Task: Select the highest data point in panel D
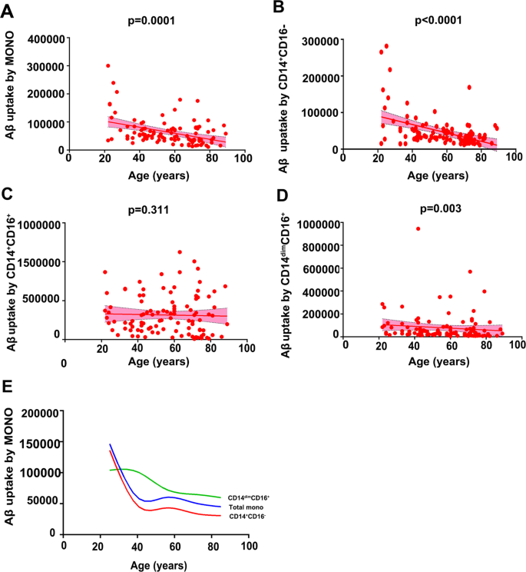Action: (418, 228)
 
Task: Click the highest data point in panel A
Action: (108, 66)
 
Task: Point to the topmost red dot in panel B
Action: (386, 46)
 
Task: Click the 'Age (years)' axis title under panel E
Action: (157, 563)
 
